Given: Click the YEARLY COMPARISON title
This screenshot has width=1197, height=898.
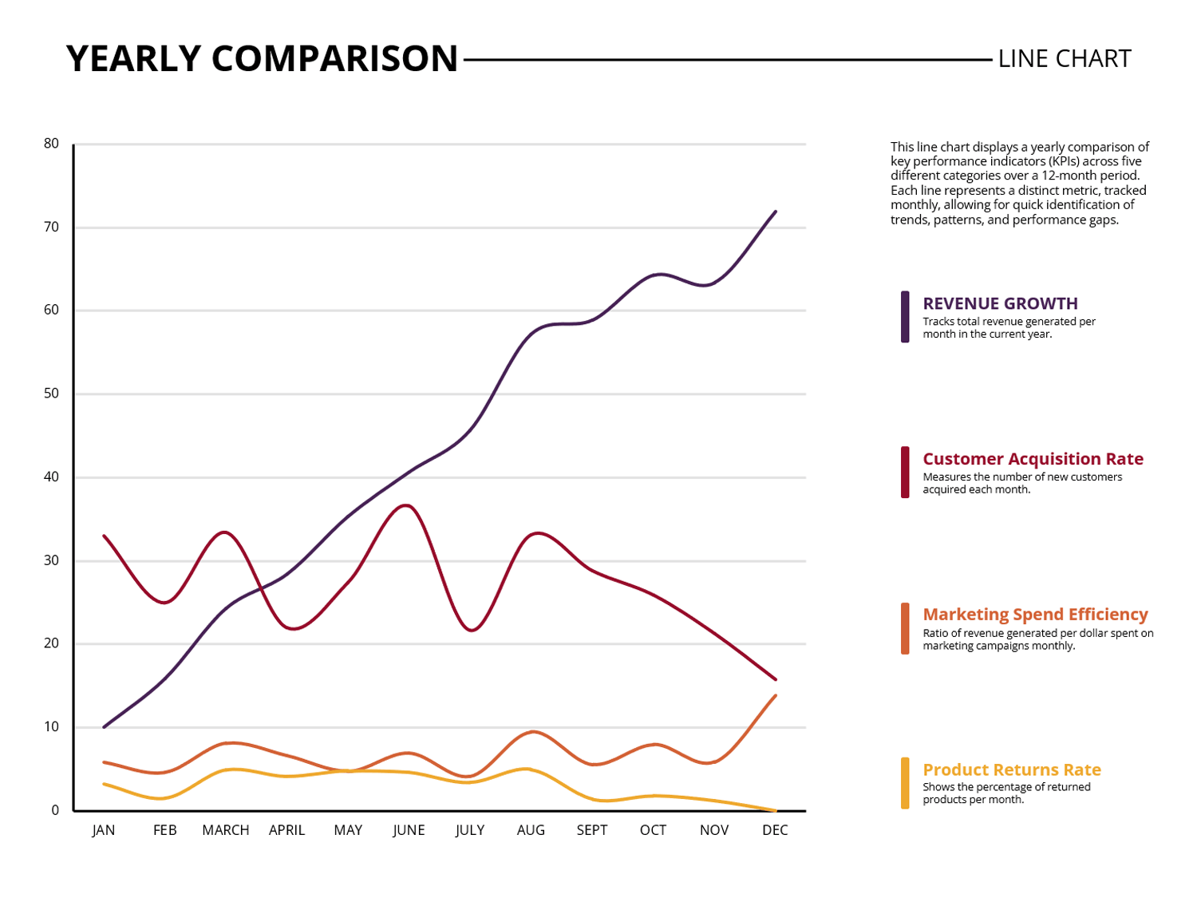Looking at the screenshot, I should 262,59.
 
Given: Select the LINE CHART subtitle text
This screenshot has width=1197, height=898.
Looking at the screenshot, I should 1064,59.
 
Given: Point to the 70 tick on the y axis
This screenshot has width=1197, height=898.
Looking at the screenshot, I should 52,227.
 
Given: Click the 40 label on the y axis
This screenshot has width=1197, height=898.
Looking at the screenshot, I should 52,477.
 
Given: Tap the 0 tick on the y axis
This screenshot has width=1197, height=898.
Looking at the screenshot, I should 55,810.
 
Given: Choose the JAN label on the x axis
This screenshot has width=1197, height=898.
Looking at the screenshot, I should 104,830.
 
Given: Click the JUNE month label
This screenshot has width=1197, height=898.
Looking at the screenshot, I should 409,830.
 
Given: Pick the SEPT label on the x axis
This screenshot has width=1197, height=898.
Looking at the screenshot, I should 591,830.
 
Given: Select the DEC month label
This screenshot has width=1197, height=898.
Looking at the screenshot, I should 775,830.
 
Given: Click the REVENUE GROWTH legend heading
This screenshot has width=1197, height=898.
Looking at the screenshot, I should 1000,303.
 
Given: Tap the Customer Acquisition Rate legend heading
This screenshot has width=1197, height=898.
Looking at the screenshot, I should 1033,459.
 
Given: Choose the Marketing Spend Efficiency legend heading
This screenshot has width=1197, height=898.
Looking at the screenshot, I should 1035,615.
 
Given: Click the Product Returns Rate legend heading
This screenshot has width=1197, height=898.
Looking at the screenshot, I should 1012,770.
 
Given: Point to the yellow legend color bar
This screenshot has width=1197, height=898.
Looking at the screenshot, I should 905,783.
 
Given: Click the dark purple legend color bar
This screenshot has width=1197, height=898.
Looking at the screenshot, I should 905,317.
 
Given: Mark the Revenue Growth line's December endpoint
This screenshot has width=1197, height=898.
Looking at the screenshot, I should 775,212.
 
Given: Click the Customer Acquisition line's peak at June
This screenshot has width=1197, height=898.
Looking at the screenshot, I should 406,505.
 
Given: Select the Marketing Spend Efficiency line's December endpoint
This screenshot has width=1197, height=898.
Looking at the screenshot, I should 775,696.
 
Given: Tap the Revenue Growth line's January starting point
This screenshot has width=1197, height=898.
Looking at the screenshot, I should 105,726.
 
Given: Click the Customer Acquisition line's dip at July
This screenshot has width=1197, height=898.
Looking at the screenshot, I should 472,631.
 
